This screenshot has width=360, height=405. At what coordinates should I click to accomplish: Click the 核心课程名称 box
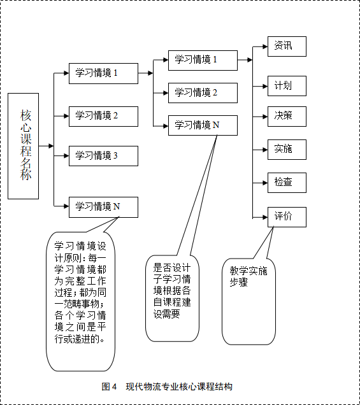coord(24,146)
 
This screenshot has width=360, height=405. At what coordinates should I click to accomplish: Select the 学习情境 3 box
coord(103,156)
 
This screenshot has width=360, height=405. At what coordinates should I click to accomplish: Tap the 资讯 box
coord(287,46)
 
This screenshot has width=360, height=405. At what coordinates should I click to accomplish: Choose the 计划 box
coord(287,86)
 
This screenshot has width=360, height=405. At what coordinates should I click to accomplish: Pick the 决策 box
coord(287,117)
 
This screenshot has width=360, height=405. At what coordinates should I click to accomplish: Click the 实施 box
coord(287,150)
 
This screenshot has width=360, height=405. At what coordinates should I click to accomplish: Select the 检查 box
coord(287,183)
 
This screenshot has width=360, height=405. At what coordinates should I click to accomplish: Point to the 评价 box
coord(287,217)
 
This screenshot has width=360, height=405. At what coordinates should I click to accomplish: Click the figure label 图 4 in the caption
coord(109,387)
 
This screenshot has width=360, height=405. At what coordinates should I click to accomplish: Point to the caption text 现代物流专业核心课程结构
coord(179,387)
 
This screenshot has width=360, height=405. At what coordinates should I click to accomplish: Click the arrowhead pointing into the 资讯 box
coord(265,46)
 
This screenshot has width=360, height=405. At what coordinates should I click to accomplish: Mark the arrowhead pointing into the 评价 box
coord(265,217)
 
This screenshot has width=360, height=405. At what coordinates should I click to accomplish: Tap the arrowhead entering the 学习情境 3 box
coord(66,156)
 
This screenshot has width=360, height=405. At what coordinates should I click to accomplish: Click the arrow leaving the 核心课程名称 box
coord(47,146)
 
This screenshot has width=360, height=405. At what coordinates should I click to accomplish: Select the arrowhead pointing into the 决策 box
coord(265,117)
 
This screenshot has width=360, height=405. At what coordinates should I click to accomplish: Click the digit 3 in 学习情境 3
coord(115,155)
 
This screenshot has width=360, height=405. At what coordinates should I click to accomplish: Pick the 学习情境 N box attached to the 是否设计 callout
coord(203,125)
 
